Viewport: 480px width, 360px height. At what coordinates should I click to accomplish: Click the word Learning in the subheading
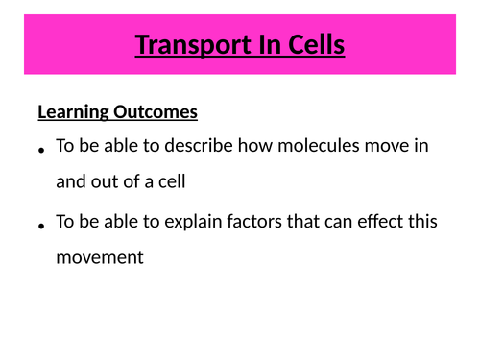click(71, 112)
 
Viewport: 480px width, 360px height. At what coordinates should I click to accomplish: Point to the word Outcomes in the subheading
click(153, 112)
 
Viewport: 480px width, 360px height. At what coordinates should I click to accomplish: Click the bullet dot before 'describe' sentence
click(41, 151)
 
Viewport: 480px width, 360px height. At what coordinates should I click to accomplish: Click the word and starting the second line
click(70, 180)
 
